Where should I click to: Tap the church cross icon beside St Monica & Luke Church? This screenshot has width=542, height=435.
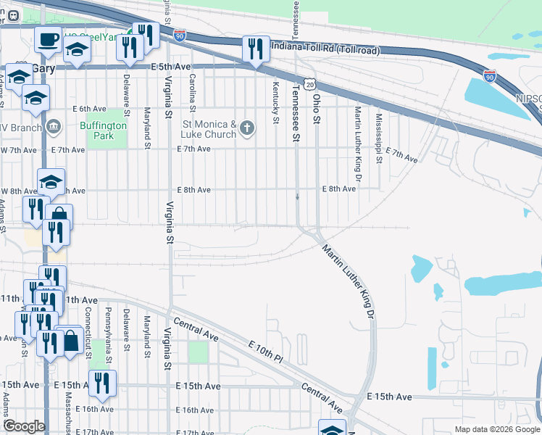[x=247, y=129]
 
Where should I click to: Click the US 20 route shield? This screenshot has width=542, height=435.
[x=309, y=85]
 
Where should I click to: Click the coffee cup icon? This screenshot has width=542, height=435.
[x=49, y=39]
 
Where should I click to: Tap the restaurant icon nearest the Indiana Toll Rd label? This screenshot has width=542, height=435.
[x=255, y=48]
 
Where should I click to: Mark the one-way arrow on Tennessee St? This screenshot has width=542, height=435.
[x=297, y=196]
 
